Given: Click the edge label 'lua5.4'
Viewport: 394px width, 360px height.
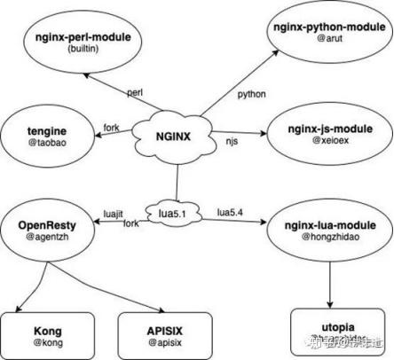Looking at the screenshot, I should click(x=234, y=212).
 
